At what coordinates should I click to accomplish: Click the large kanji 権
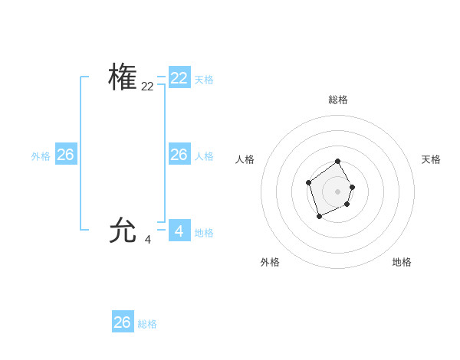pyautogui.click(x=123, y=77)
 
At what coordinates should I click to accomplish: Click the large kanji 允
pyautogui.click(x=123, y=230)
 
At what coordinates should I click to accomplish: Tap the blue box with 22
pyautogui.click(x=179, y=78)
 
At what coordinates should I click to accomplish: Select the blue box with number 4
pyautogui.click(x=179, y=231)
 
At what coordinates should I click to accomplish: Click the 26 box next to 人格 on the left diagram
pyautogui.click(x=179, y=154)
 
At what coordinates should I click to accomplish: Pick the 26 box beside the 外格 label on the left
pyautogui.click(x=66, y=154)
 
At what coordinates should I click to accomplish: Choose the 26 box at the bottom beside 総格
pyautogui.click(x=123, y=322)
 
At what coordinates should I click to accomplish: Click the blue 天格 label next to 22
pyautogui.click(x=204, y=80)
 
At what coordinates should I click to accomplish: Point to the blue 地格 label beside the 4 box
pyautogui.click(x=204, y=233)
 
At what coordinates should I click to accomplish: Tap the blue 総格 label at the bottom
pyautogui.click(x=147, y=324)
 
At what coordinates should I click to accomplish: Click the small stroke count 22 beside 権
pyautogui.click(x=147, y=87)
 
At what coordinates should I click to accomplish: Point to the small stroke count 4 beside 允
pyautogui.click(x=147, y=240)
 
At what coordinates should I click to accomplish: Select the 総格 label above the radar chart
pyautogui.click(x=338, y=100)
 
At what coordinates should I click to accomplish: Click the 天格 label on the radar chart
pyautogui.click(x=431, y=159)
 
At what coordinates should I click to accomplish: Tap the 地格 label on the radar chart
pyautogui.click(x=402, y=262)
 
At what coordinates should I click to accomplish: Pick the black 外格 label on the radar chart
pyautogui.click(x=270, y=262)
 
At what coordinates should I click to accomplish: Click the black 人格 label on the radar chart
pyautogui.click(x=245, y=159)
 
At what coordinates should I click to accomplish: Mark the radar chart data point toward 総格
pyautogui.click(x=338, y=162)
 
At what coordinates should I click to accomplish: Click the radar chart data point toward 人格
pyautogui.click(x=308, y=182)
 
